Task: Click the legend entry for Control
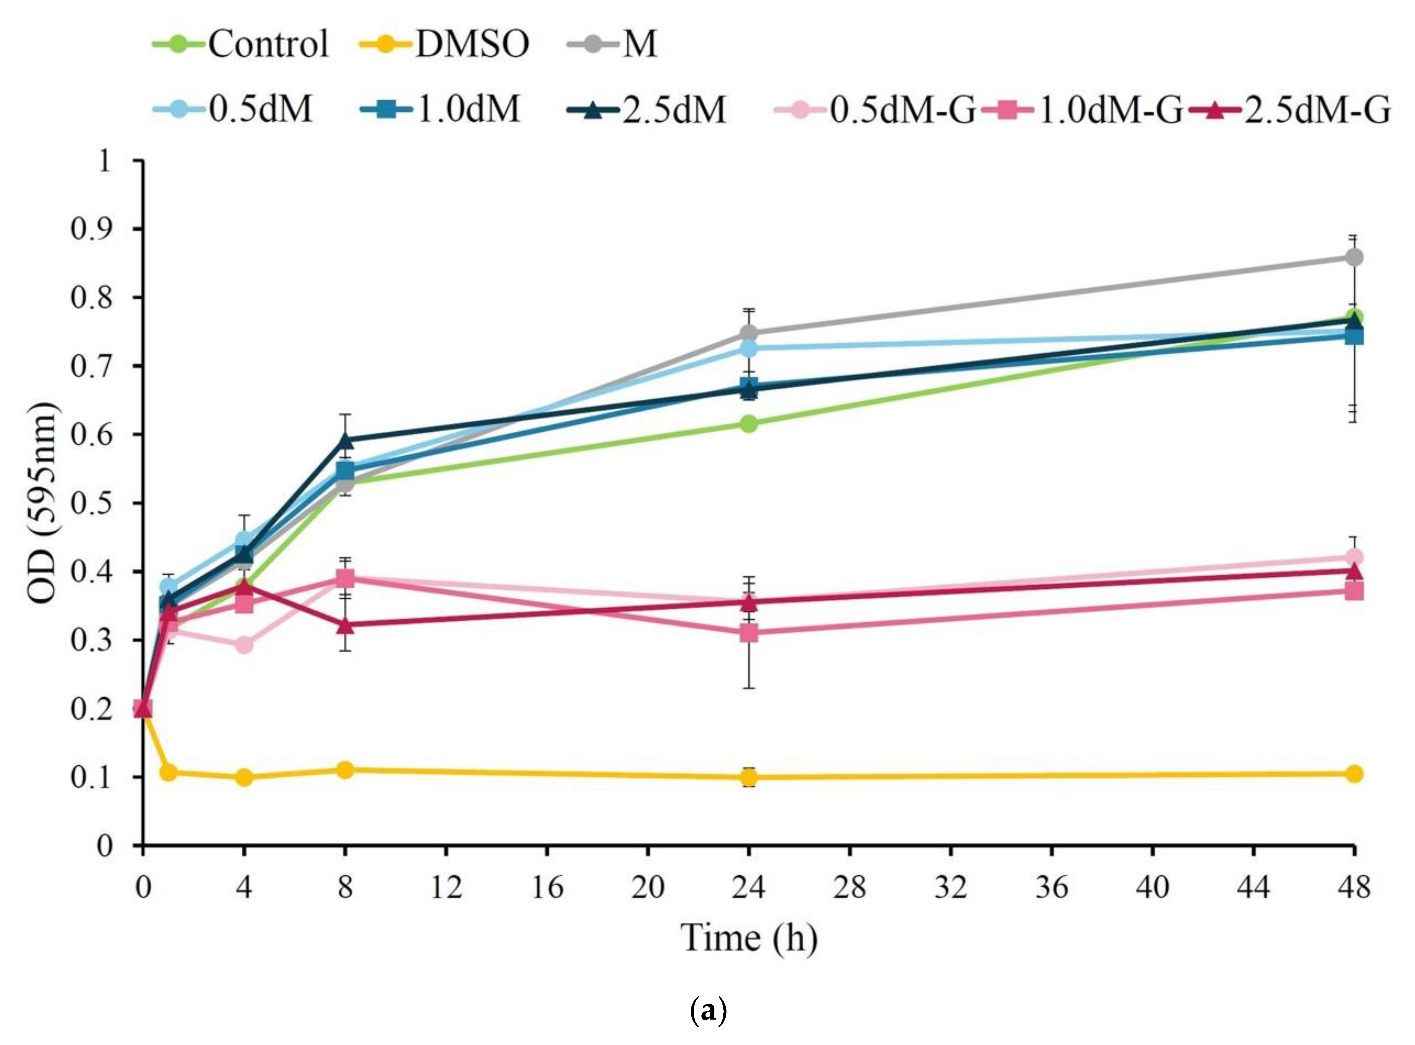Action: [241, 44]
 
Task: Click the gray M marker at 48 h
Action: [1354, 258]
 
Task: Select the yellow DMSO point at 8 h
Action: [345, 770]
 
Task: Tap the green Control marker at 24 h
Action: [749, 423]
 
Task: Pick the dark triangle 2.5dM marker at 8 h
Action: [345, 438]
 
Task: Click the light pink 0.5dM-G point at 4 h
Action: [244, 645]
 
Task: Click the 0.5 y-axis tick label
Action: [92, 503]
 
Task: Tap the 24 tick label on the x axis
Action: [749, 887]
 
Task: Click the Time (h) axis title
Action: [749, 938]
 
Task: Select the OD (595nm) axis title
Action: [42, 503]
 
